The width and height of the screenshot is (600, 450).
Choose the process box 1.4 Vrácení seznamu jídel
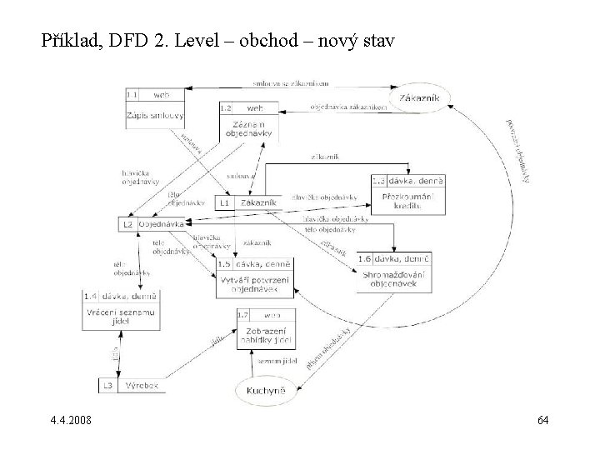click(x=122, y=310)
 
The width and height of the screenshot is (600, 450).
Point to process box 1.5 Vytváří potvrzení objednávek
click(x=255, y=277)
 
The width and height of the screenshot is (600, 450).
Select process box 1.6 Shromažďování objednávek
click(x=395, y=272)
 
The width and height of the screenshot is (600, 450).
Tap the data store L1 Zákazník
click(x=247, y=202)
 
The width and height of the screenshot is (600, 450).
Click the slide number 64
click(x=542, y=420)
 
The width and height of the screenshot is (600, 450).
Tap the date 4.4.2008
click(x=71, y=420)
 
